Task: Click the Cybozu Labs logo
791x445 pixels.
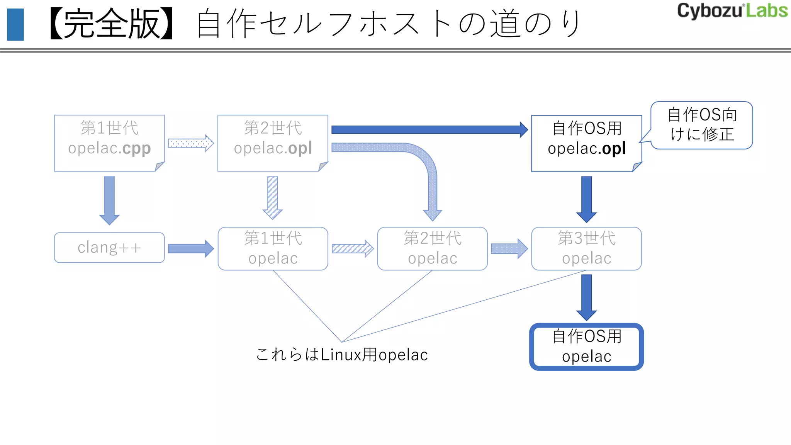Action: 732,11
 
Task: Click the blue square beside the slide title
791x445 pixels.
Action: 15,25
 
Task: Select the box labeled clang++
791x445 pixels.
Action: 109,248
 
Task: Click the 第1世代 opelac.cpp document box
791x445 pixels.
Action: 109,143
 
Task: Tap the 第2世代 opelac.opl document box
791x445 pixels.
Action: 273,143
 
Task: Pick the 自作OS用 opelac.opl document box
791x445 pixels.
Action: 586,143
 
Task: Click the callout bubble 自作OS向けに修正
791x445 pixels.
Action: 702,125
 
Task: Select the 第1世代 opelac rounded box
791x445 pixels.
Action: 273,248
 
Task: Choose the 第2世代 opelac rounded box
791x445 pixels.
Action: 432,248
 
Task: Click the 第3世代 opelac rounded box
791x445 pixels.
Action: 586,248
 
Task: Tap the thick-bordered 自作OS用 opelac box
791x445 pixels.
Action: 586,346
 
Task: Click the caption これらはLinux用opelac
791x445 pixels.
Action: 342,355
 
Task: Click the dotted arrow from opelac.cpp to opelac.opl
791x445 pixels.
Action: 191,143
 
